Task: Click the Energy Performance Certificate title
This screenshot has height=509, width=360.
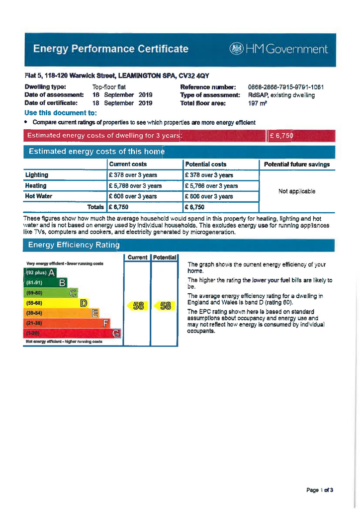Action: click(x=110, y=49)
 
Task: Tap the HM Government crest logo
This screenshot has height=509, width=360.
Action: click(x=235, y=49)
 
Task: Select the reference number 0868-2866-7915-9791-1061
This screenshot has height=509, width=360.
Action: click(x=285, y=87)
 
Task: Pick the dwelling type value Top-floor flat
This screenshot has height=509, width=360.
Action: click(x=109, y=87)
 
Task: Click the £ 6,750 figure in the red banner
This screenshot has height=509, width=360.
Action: click(x=281, y=136)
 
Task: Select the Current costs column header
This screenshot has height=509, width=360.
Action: click(x=128, y=164)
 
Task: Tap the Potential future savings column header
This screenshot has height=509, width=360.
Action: click(x=296, y=165)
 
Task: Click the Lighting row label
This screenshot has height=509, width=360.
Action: click(x=37, y=175)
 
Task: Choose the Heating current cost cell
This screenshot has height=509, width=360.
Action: click(x=135, y=186)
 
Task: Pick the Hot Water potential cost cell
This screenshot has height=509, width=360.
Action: click(x=209, y=196)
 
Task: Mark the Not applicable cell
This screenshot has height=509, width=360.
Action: click(x=296, y=191)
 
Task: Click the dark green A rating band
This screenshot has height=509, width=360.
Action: click(x=40, y=272)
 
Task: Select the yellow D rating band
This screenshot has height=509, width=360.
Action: click(x=56, y=303)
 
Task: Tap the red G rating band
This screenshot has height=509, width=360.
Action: click(x=72, y=333)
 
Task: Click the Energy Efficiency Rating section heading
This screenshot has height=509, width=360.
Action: click(x=74, y=245)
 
